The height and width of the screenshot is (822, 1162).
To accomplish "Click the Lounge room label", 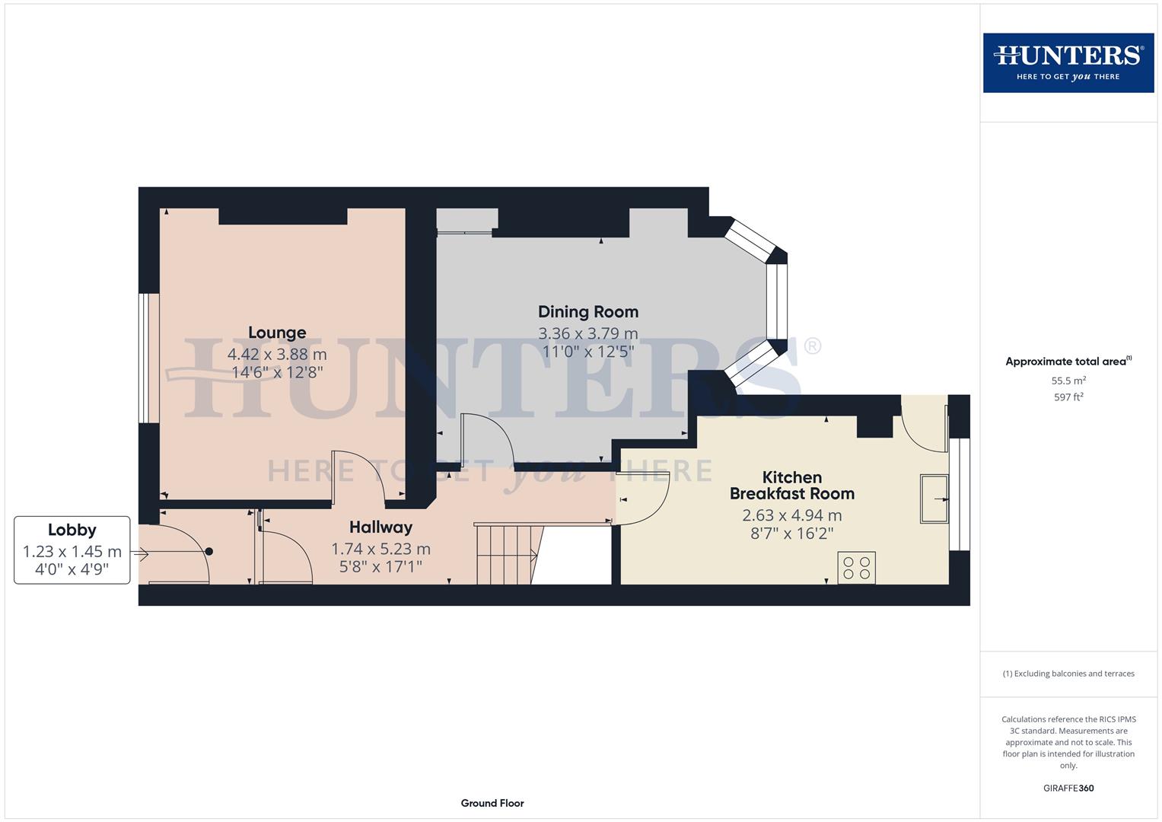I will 277,333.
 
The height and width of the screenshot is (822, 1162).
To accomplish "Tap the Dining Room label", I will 587,311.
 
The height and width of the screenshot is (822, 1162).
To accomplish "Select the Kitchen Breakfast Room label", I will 791,486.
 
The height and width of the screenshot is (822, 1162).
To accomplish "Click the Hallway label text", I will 380,527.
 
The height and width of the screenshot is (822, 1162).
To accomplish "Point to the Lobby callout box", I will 72,550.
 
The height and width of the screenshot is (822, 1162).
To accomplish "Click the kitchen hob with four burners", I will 856,568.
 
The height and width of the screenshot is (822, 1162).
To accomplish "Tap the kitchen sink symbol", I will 934,499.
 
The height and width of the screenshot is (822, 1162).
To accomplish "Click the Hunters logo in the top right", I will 1068,63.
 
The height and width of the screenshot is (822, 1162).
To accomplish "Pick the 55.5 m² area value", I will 1068,381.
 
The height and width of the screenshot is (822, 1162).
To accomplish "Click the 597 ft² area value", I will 1068,397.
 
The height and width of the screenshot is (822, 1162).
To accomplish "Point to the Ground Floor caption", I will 492,803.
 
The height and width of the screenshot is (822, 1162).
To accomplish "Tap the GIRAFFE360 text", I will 1068,788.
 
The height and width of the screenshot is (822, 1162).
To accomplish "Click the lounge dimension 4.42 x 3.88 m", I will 277,354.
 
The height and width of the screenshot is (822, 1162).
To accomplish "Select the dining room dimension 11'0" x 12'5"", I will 587,352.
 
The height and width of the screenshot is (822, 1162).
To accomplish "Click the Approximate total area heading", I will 1068,362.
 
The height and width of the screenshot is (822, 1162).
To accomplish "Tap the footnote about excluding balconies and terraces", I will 1068,674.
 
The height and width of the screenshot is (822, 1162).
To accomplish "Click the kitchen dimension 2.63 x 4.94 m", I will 791,515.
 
